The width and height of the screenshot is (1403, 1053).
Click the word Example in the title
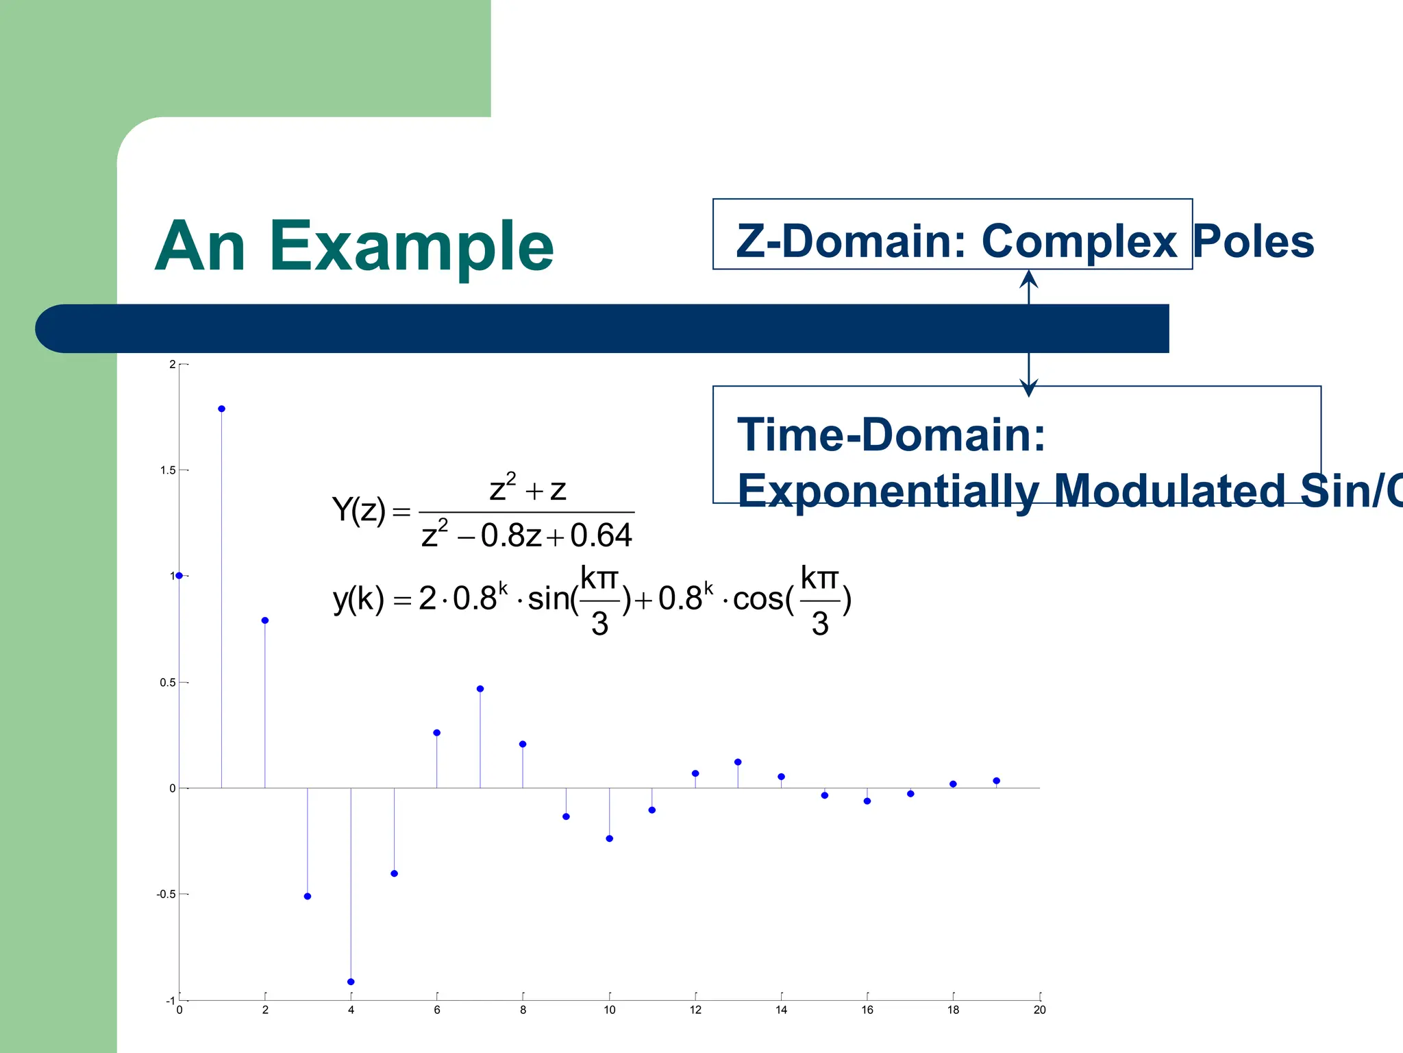[x=411, y=247]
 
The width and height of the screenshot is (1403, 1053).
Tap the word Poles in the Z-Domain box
[x=1253, y=241]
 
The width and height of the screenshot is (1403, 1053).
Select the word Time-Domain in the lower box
[x=891, y=435]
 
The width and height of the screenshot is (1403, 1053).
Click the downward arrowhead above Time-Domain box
[x=1028, y=389]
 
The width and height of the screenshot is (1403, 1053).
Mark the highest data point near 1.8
[x=221, y=409]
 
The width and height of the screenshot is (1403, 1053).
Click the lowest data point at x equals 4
[x=351, y=982]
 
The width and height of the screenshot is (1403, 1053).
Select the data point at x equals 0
[x=179, y=576]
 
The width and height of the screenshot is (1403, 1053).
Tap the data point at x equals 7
[x=480, y=689]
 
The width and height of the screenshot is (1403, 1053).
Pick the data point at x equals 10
[x=610, y=838]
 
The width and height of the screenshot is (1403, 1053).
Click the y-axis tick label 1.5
[x=168, y=470]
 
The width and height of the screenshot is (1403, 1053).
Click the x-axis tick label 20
[x=1039, y=1010]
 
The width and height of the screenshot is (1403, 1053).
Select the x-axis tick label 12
[x=695, y=1010]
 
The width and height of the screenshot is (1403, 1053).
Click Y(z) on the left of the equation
[x=359, y=511]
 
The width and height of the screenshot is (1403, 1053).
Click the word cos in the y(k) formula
[x=758, y=600]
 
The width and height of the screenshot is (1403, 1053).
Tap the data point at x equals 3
[x=308, y=897]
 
